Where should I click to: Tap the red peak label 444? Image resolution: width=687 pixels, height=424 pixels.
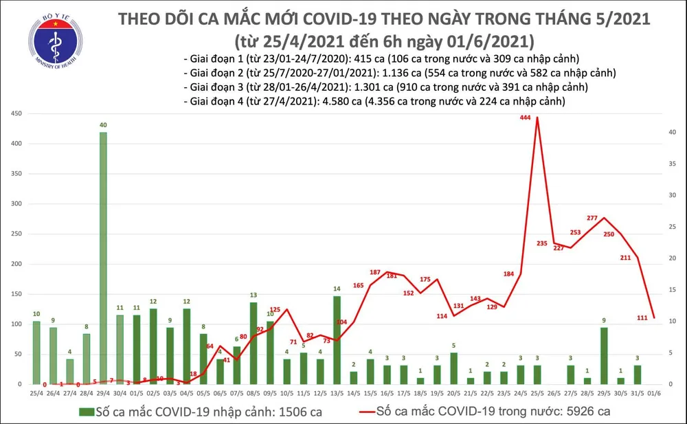click(x=526, y=118)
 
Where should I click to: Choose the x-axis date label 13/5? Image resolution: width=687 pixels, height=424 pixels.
click(x=337, y=392)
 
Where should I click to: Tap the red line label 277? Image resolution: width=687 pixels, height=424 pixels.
click(x=594, y=218)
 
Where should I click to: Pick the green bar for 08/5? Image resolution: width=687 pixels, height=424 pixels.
click(x=254, y=343)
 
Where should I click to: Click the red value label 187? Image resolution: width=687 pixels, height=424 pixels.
click(x=375, y=273)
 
